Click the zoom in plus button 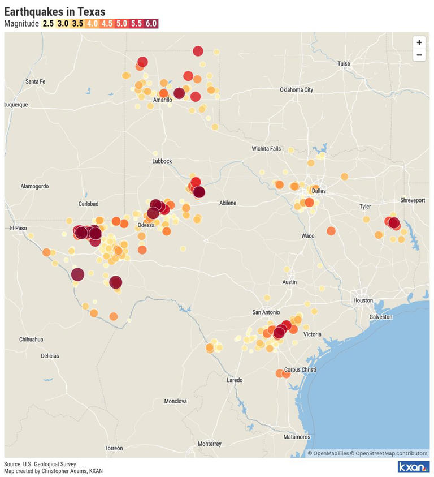tap(419, 42)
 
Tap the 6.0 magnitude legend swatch tap(151, 24)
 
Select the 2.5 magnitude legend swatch tap(48, 24)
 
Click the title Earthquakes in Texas tap(54, 11)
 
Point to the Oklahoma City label tap(296, 90)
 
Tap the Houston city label tap(363, 300)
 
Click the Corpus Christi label tap(300, 369)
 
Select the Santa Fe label tap(35, 81)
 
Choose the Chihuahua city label tap(31, 340)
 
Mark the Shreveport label tap(413, 200)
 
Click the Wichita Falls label tap(266, 149)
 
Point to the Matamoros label tap(297, 437)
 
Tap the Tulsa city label tap(344, 63)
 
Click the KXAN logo tap(414, 467)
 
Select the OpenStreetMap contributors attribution tap(389, 453)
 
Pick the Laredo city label tap(235, 380)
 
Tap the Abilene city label tap(228, 203)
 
